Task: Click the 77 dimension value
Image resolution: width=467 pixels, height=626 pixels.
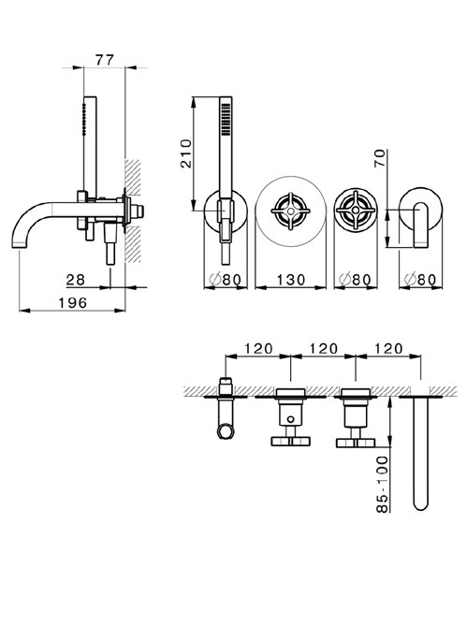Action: click(105, 60)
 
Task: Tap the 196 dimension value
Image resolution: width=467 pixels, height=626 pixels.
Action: click(73, 303)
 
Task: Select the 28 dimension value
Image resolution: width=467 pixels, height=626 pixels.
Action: click(76, 280)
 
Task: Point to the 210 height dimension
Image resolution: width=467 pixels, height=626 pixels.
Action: click(186, 153)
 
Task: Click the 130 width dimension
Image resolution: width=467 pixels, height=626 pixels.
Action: click(290, 280)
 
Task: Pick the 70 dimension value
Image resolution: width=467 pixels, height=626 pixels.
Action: click(380, 158)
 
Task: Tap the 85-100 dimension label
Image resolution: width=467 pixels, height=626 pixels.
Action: click(382, 485)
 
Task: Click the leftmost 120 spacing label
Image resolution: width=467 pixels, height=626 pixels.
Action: click(258, 348)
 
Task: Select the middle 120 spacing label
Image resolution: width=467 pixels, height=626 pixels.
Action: click(323, 348)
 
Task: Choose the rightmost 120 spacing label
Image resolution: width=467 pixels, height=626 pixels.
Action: click(388, 348)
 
